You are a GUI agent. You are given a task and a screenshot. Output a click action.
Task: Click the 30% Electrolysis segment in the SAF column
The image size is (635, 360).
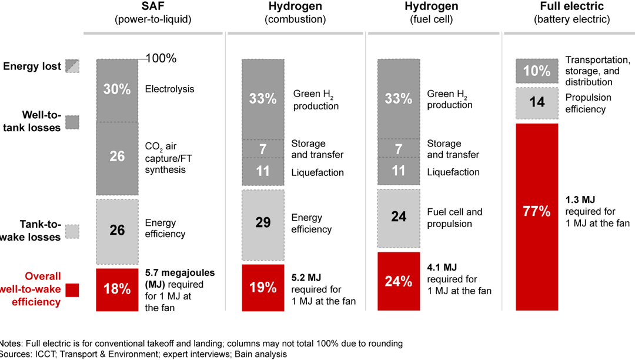(117, 89)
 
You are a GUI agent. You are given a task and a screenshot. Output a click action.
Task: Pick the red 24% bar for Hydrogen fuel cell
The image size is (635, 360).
(398, 281)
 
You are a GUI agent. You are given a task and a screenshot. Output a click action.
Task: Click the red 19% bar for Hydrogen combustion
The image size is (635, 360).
(262, 287)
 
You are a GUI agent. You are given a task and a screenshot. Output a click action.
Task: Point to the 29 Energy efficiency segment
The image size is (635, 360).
(262, 223)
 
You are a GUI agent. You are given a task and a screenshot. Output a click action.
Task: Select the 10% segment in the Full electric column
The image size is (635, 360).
(536, 71)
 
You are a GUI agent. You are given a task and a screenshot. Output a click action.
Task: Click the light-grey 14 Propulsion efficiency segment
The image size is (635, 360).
(536, 102)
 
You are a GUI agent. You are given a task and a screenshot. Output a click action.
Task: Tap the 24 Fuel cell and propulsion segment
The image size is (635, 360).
(398, 217)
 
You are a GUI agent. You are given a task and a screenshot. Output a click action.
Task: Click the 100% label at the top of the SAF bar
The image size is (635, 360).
(161, 59)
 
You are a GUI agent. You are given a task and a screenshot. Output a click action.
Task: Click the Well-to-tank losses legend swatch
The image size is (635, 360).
(72, 122)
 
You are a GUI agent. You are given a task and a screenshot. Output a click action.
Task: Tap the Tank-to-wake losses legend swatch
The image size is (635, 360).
(72, 231)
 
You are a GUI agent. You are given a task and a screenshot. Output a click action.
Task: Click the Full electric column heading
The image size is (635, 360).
(571, 7)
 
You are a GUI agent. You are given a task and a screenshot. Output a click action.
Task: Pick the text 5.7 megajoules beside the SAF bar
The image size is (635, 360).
(180, 274)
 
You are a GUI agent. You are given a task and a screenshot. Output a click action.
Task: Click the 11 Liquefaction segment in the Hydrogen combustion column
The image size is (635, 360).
(262, 172)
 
